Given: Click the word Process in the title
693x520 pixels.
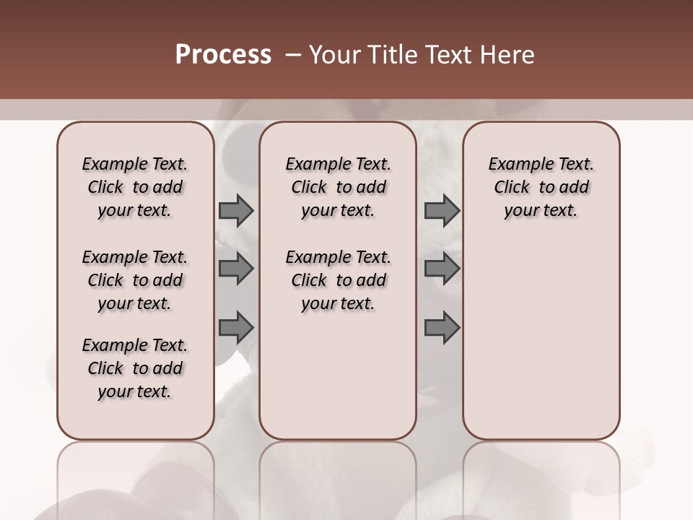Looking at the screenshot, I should click(x=223, y=55).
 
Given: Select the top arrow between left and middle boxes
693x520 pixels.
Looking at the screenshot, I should click(x=236, y=211).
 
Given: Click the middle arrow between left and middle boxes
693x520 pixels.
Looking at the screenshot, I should click(x=236, y=269).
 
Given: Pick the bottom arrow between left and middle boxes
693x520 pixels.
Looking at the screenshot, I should click(x=236, y=328).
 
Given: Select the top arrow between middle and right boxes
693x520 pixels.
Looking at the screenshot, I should click(x=442, y=211).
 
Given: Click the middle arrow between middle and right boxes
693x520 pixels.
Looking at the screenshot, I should click(x=442, y=269).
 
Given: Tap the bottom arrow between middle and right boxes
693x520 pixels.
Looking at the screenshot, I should click(x=442, y=328).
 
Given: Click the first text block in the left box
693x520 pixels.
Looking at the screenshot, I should click(x=135, y=187).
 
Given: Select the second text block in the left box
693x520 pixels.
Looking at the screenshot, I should click(x=135, y=280).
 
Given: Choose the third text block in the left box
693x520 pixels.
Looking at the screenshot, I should click(x=135, y=368).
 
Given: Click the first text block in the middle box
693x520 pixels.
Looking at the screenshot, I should click(x=338, y=187).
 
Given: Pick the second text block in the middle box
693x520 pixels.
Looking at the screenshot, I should click(x=338, y=280).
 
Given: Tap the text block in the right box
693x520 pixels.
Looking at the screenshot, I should click(x=541, y=187).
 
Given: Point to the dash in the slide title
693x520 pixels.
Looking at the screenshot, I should click(x=293, y=55).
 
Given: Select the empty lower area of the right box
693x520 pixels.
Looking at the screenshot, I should click(x=541, y=339).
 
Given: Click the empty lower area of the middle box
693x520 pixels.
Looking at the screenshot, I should click(x=338, y=376).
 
